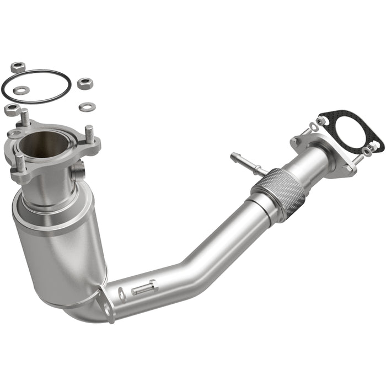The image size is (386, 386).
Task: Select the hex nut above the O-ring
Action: coord(17,67)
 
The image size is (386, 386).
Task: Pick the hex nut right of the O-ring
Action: coord(84,84)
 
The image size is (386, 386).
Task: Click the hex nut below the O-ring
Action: coord(12,109)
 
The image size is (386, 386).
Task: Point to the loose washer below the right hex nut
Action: coord(85,106)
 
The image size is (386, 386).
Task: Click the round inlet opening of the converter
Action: coord(43,144)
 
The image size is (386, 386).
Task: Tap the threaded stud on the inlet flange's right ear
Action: coord(89,134)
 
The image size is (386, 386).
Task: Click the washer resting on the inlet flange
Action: coord(15,134)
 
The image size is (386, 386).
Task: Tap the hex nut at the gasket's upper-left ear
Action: coord(321,120)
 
